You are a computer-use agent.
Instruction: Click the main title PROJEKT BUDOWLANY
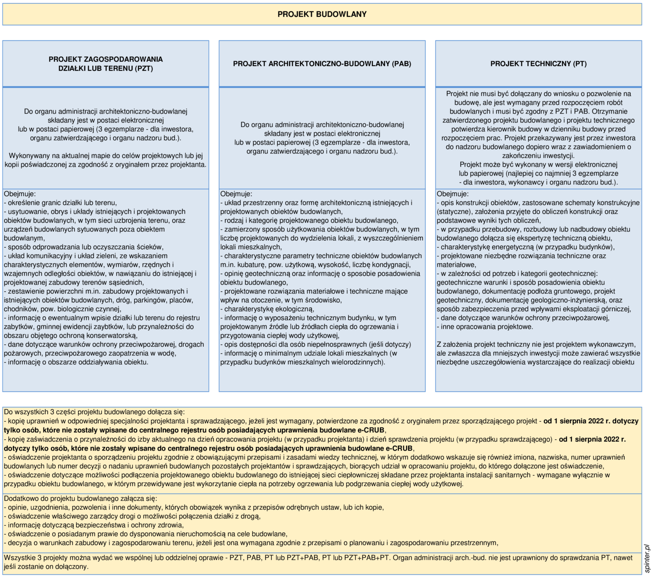tap(322, 14)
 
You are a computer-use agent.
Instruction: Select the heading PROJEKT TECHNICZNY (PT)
tap(538, 64)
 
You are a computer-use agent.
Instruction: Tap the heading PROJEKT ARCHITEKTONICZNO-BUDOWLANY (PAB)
tap(322, 64)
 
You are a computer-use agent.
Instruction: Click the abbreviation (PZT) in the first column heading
tap(143, 69)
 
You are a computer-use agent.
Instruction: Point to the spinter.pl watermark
tap(647, 558)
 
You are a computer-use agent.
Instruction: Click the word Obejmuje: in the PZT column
tap(20, 194)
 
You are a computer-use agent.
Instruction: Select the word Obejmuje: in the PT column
tap(453, 194)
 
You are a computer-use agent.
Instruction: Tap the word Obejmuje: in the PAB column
tap(236, 194)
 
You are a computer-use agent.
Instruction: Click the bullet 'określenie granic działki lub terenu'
tap(61, 203)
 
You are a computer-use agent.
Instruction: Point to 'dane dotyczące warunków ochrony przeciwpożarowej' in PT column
tap(524, 318)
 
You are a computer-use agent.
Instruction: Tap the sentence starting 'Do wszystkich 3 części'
tap(94, 412)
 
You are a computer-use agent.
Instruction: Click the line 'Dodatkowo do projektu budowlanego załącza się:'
tap(80, 499)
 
